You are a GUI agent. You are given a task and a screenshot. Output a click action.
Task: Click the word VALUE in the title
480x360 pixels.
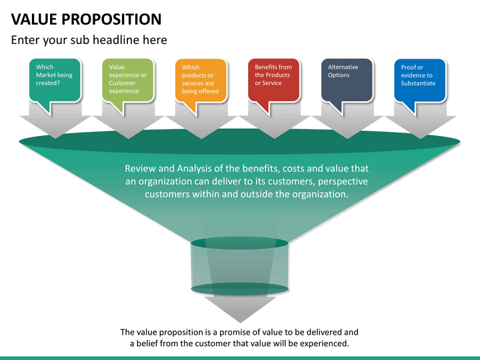pyautogui.click(x=34, y=19)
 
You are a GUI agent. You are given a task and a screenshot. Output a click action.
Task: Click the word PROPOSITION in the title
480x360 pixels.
pyautogui.click(x=111, y=19)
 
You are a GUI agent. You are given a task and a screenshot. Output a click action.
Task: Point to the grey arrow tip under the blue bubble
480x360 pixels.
pyautogui.click(x=420, y=139)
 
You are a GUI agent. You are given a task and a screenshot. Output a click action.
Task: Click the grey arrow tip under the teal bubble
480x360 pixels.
pyautogui.click(x=55, y=139)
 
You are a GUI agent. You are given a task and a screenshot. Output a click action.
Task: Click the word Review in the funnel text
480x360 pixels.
pyautogui.click(x=141, y=169)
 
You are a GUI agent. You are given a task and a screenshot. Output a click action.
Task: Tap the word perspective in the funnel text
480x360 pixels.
pyautogui.click(x=343, y=181)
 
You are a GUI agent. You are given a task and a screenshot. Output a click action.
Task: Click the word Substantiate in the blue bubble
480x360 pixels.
pyautogui.click(x=418, y=83)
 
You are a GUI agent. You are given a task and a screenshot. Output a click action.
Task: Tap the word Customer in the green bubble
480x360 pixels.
pyautogui.click(x=122, y=83)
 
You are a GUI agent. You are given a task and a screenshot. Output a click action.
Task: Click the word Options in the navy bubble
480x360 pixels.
pyautogui.click(x=339, y=75)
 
